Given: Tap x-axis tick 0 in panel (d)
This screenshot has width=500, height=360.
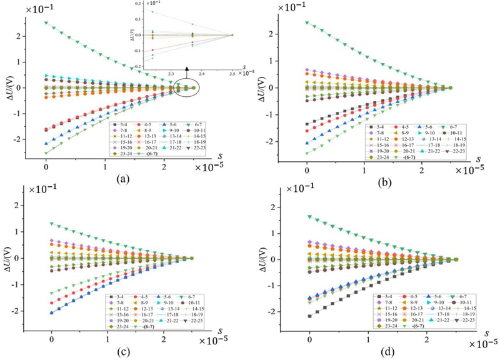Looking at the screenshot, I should pos(311,337).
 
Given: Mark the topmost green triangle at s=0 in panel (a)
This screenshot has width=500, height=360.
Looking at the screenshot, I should pos(46,23).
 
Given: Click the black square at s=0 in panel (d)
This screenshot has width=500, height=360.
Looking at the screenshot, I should pos(310,316).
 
